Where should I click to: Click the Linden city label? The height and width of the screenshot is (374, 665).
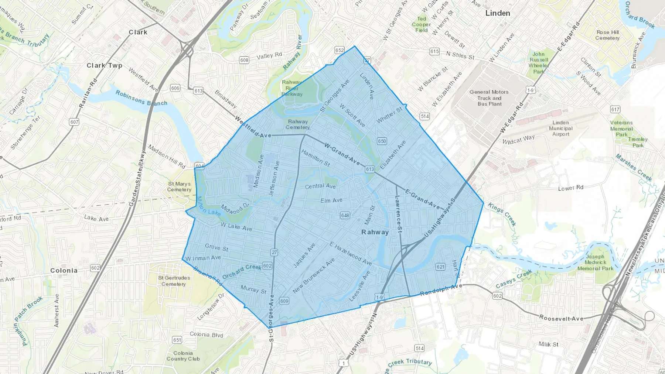pos(498,13)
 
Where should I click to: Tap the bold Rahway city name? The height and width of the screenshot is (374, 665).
pos(375,232)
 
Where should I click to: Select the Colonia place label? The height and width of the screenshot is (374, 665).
pos(64,270)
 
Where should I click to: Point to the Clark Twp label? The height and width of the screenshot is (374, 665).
pos(104,65)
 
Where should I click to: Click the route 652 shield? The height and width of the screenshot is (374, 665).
pos(340,50)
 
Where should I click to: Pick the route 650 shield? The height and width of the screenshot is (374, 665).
pos(382,141)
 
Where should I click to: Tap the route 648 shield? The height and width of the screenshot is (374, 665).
pos(345,215)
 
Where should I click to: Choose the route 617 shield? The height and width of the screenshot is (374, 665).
pos(615,109)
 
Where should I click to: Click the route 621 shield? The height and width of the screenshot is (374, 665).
pos(440,267)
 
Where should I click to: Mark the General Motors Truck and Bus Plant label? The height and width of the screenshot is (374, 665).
pos(489,98)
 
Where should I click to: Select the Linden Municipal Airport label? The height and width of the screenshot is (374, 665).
pos(560,128)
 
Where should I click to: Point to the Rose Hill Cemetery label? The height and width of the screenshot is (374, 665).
pos(607,35)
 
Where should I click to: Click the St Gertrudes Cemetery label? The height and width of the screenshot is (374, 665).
pos(174,281)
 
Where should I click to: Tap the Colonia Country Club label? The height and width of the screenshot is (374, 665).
pos(183,356)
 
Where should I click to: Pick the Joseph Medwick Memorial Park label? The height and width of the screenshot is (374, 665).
pos(595,262)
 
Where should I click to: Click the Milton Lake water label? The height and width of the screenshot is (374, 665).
pos(208,207)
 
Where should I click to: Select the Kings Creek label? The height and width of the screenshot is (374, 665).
pos(502,214)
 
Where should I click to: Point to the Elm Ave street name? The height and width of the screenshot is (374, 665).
pos(331,200)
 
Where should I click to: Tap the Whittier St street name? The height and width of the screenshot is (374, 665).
pos(389,116)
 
